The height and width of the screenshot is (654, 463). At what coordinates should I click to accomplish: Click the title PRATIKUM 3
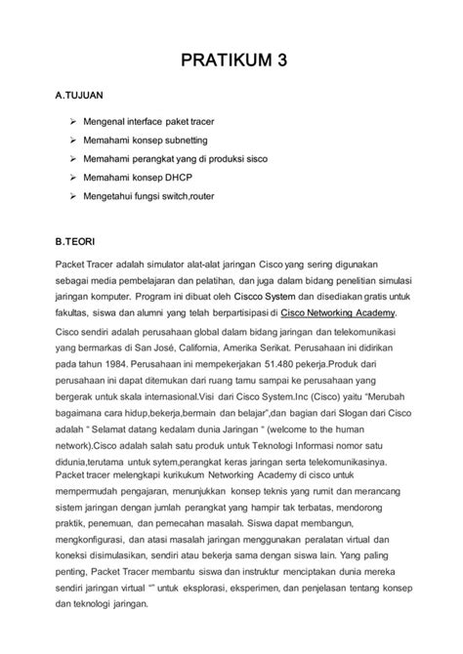click(231, 60)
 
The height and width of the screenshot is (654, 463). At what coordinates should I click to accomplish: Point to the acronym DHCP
click(201, 178)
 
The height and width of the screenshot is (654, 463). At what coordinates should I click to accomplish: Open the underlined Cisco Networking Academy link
click(338, 313)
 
